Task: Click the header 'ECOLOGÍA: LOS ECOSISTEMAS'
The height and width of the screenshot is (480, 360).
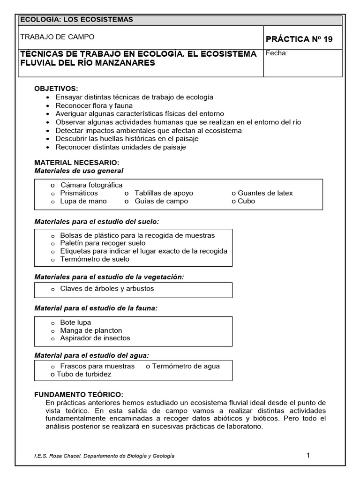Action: pos(75,20)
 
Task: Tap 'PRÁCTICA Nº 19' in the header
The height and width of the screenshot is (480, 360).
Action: pos(299,39)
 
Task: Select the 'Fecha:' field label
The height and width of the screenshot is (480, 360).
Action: pos(277,53)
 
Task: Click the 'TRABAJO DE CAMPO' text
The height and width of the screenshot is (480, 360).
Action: pos(58,37)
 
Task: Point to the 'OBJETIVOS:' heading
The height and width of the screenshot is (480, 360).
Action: pos(56,89)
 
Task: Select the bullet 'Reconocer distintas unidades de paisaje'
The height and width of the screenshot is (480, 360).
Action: pos(120,147)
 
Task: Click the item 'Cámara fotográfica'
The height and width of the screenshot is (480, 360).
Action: pos(91,185)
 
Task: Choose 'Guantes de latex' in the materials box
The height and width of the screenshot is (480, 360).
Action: pos(265,193)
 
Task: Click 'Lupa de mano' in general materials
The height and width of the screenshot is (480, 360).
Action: pos(83,201)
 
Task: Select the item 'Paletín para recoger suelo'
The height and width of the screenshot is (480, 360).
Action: pos(103,243)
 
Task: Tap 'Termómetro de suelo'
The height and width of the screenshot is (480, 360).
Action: pos(95,259)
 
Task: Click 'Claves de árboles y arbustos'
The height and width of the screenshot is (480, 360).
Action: pos(107,289)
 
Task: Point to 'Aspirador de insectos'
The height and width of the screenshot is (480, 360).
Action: pos(95,338)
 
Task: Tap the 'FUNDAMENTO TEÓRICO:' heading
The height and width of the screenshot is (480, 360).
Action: pos(79,395)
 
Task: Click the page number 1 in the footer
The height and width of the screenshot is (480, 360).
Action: pos(308,455)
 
